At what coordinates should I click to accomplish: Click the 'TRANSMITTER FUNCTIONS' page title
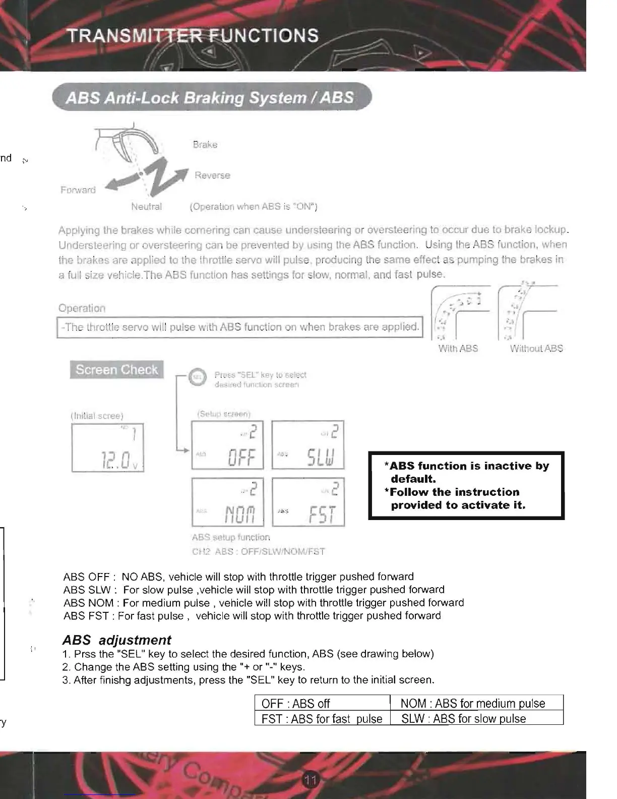pos(193,36)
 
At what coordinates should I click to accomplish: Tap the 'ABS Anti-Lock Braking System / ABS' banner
pos(210,97)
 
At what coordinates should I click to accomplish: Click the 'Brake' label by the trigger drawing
pos(205,145)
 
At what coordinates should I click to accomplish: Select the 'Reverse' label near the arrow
pos(212,176)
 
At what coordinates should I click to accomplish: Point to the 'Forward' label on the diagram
pos(78,190)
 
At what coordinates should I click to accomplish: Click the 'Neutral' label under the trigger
pos(146,207)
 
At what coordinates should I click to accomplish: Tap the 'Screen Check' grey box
pos(117,370)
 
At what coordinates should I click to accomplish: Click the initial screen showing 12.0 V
pos(107,448)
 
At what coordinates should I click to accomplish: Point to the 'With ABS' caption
pos(458,349)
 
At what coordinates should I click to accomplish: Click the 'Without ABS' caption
pos(536,349)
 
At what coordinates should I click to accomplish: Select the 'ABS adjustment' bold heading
pos(117,640)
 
